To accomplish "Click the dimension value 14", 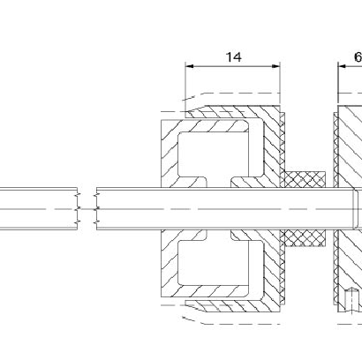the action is [x=234, y=57].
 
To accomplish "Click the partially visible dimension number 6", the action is [x=358, y=57].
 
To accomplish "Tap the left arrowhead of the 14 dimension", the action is [x=190, y=66].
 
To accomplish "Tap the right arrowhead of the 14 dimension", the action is [x=276, y=66].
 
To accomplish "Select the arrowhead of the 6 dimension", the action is [x=342, y=66].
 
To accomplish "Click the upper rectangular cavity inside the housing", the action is [x=214, y=154].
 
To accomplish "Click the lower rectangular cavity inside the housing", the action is [x=214, y=263].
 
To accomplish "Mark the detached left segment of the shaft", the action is [x=39, y=209].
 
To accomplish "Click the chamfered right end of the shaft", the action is [x=356, y=209].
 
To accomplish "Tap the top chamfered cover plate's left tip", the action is [x=186, y=112].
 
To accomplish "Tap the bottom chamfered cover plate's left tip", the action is [x=185, y=301].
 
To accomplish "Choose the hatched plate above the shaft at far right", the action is [x=350, y=146].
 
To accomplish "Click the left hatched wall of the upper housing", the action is [x=170, y=154].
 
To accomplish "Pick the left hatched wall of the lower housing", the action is [x=170, y=264].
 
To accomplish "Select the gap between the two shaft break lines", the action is [x=87, y=209].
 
